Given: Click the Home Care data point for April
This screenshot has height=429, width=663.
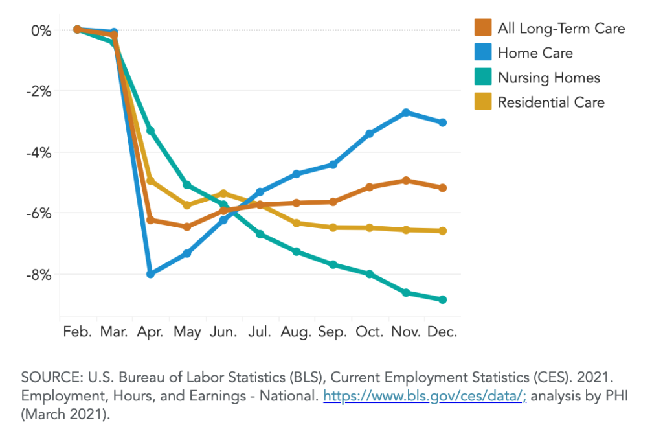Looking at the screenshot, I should [150, 274].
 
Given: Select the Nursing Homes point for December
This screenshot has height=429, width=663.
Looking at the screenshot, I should [443, 299].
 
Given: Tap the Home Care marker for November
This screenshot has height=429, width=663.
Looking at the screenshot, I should [406, 113].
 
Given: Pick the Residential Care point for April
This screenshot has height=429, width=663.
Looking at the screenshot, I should [150, 180].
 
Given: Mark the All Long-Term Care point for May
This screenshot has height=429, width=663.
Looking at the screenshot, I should [187, 227].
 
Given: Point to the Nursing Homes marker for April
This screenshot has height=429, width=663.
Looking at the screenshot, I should [150, 131].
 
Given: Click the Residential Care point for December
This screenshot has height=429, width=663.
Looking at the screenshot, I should [443, 231].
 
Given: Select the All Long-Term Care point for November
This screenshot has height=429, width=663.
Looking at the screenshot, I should [406, 180].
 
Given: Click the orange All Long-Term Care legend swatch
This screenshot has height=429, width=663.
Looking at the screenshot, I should [483, 28].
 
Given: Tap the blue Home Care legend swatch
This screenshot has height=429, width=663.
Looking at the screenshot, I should [483, 52].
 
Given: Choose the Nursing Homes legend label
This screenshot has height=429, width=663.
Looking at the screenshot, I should [549, 78].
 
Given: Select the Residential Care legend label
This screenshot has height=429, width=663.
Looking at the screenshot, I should [551, 102].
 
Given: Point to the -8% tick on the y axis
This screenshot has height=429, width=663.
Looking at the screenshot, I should [37, 275].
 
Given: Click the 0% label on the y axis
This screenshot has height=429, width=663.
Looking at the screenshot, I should [40, 30].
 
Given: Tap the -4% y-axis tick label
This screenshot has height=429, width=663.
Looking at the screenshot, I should [37, 153].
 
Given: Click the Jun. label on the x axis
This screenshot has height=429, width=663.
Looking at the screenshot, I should [223, 332].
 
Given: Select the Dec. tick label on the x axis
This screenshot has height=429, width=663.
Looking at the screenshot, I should [443, 332].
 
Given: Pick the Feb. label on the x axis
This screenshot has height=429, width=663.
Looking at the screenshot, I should [77, 332].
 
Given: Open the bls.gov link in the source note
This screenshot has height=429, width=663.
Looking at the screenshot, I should [425, 396].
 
